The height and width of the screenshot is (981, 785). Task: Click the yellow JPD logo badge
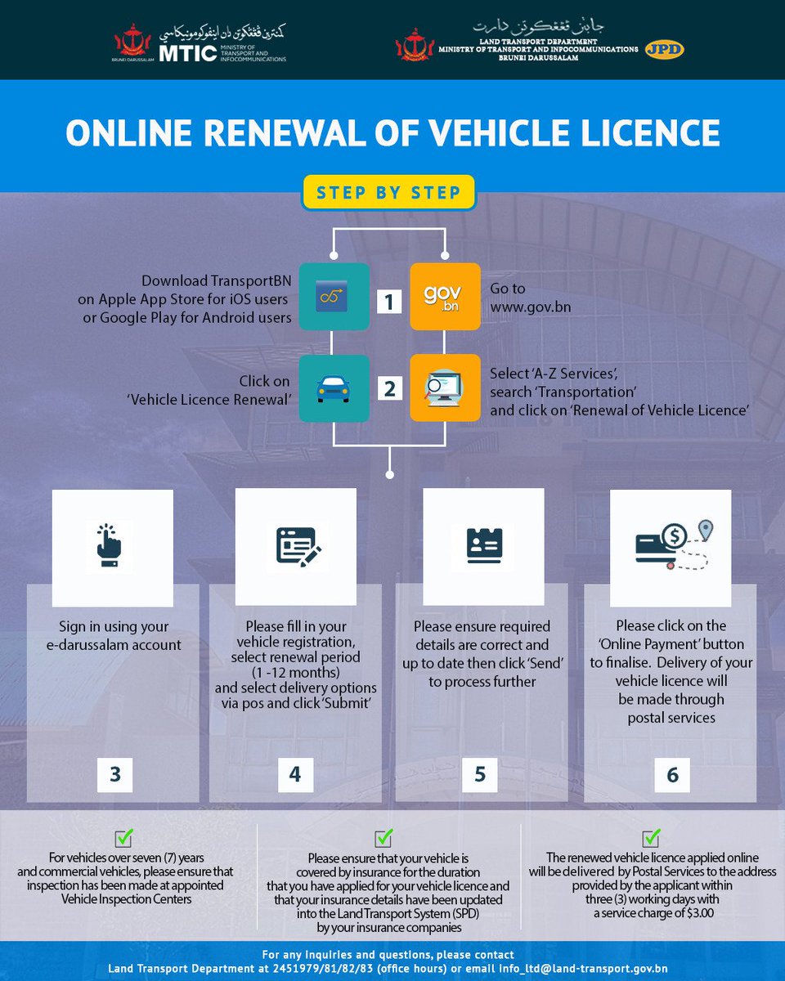tap(663, 49)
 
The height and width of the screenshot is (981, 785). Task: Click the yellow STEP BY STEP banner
tap(388, 193)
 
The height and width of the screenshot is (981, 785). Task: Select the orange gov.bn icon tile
tap(445, 296)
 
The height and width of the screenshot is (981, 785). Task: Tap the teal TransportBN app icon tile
tap(334, 296)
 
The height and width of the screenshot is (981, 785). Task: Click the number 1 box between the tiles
tap(389, 302)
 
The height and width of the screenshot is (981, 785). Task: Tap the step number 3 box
tap(114, 773)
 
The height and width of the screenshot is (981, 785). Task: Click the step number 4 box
tap(294, 773)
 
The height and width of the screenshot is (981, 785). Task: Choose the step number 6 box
tap(672, 773)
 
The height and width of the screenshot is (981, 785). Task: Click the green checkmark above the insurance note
tap(384, 837)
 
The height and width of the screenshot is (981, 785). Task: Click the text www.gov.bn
tap(531, 307)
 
